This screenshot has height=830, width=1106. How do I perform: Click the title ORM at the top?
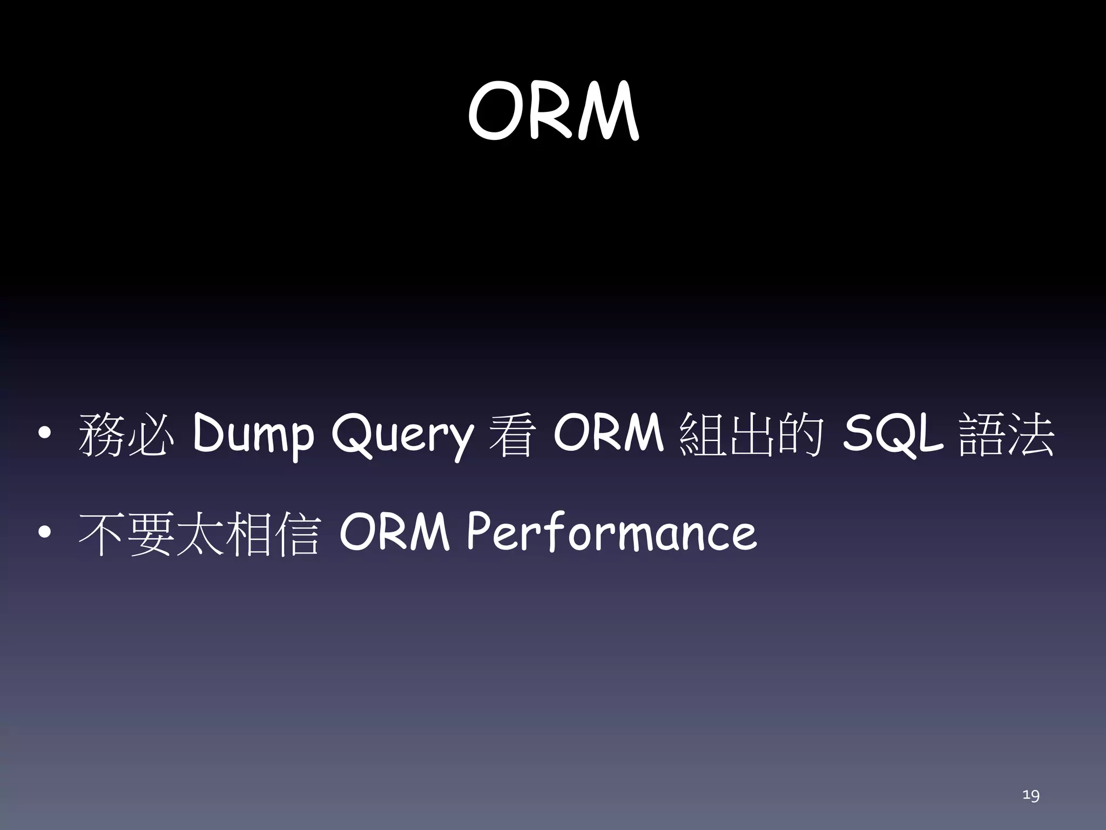pyautogui.click(x=553, y=111)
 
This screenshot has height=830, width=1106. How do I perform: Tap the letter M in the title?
pyautogui.click(x=608, y=112)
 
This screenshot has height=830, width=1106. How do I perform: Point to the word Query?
pyautogui.click(x=402, y=436)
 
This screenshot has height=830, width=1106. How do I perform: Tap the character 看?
pyautogui.click(x=512, y=434)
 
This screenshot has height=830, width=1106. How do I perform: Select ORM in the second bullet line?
pyautogui.click(x=394, y=533)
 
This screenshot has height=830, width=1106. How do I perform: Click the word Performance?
pyautogui.click(x=611, y=533)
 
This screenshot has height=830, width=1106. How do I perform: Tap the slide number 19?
pyautogui.click(x=1030, y=795)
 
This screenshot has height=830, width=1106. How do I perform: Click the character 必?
pyautogui.click(x=151, y=434)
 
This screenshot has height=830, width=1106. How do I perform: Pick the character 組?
pyautogui.click(x=702, y=434)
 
